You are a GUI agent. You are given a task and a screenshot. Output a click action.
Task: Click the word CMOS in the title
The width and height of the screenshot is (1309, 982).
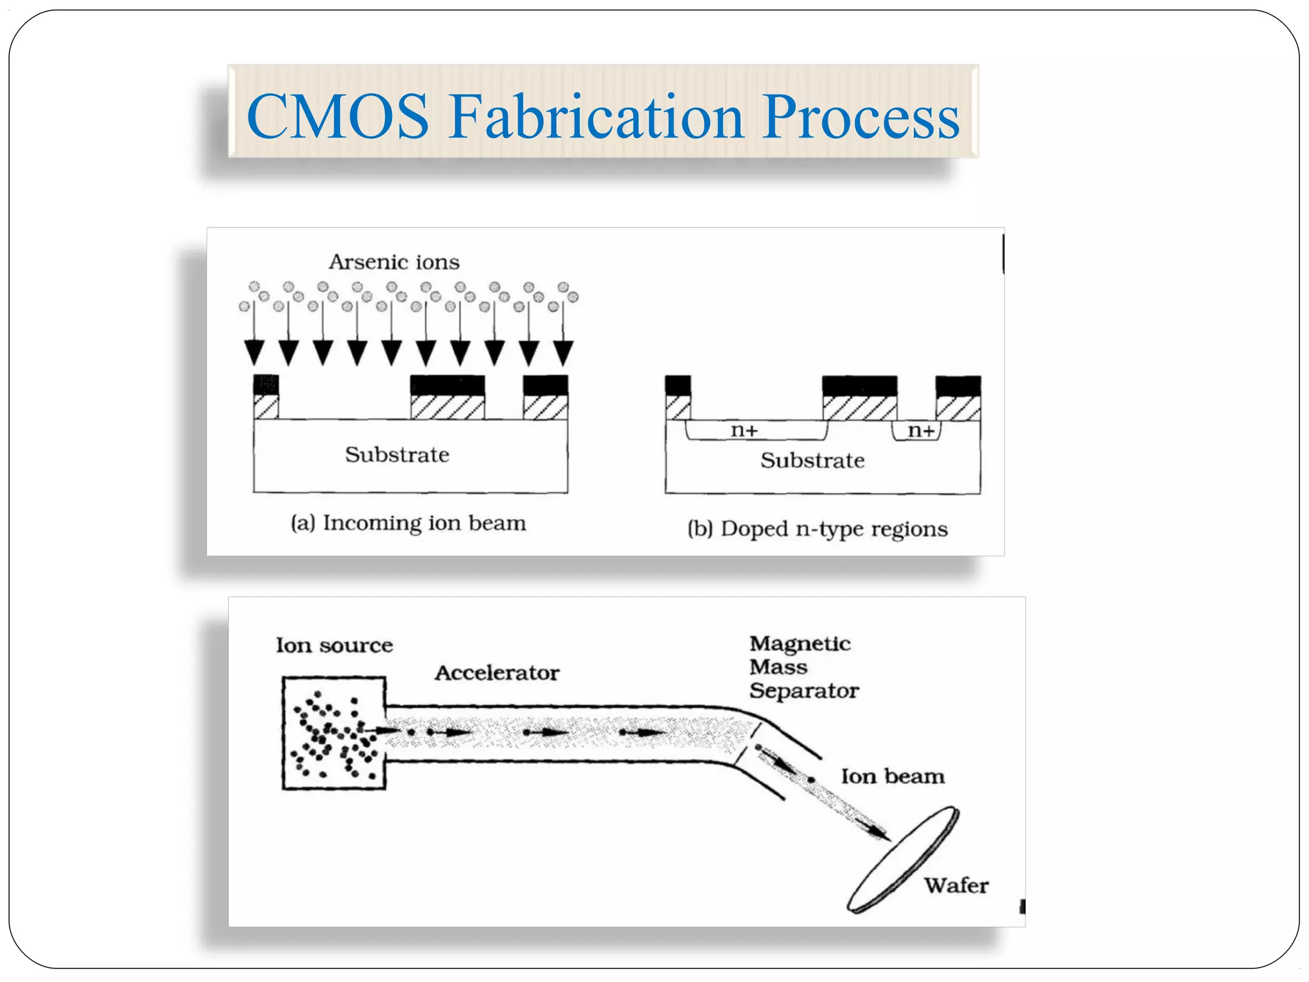(337, 116)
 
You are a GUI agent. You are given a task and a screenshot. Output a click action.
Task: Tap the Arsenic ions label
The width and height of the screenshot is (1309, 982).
(394, 262)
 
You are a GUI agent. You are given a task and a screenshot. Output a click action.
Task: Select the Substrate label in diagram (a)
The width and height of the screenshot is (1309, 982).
(397, 455)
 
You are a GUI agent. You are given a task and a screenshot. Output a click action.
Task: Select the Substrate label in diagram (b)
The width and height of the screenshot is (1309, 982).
(812, 460)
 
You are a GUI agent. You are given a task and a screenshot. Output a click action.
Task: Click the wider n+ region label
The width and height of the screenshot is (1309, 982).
(744, 430)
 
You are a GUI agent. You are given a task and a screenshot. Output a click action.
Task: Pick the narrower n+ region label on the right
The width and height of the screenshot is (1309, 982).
(921, 430)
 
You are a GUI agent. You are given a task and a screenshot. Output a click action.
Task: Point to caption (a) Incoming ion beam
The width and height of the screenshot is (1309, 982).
(408, 523)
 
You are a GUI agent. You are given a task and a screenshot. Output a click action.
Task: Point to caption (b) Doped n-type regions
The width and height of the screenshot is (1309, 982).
(817, 529)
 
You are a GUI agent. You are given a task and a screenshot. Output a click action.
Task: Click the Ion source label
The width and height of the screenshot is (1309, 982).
(334, 645)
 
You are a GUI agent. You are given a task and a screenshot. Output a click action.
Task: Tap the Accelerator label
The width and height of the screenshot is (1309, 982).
(497, 673)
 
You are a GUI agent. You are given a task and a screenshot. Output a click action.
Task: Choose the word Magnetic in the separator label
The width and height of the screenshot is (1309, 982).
(800, 643)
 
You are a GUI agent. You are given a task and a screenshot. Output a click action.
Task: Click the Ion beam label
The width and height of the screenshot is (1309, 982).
(892, 776)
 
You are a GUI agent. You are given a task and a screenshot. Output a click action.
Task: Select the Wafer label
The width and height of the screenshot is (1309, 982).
(956, 885)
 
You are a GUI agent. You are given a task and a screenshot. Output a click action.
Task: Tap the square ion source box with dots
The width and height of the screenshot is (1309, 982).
(334, 733)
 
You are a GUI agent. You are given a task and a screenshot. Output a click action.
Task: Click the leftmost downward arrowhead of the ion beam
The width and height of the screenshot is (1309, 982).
(254, 352)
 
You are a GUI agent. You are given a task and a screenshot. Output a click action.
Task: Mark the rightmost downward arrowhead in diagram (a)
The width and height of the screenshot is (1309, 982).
(563, 352)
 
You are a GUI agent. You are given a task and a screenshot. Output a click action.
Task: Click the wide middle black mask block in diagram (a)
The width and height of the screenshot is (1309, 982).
(447, 386)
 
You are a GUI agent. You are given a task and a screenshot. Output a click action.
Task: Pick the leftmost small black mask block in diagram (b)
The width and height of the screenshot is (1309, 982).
(678, 386)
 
